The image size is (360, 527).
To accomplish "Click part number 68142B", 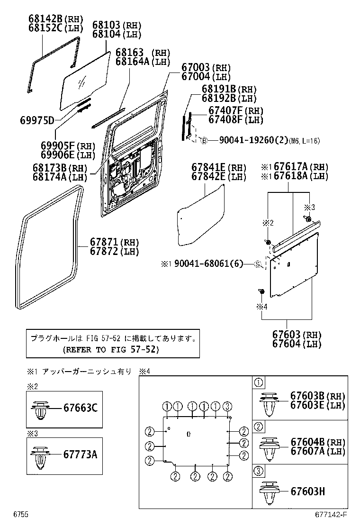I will (x=45, y=19).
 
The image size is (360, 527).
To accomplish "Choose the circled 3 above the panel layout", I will (x=227, y=406).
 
